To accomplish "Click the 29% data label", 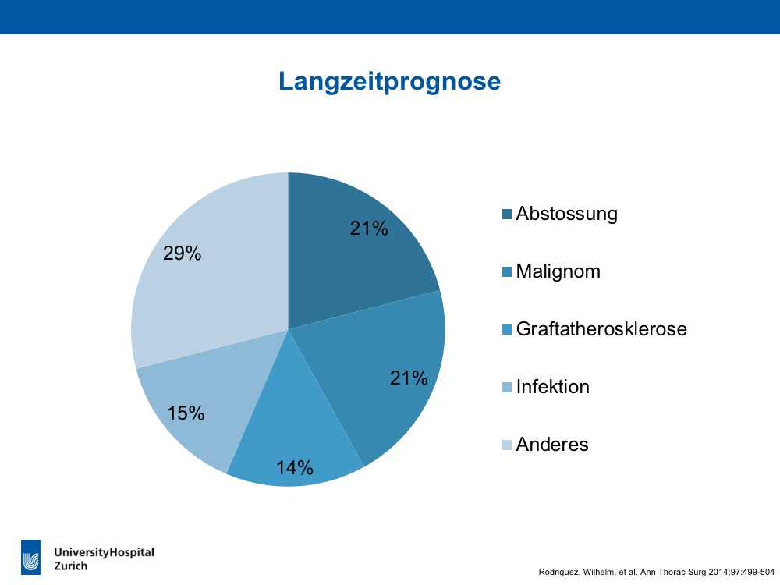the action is click(x=182, y=253).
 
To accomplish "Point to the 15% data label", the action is click(x=186, y=413).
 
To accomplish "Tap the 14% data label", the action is click(x=295, y=467).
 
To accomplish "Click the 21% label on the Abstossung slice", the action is click(x=369, y=229).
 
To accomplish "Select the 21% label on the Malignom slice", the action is click(x=409, y=378).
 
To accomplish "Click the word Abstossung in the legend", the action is click(x=566, y=214).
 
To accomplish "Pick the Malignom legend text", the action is click(x=558, y=271).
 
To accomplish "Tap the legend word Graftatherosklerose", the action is click(x=601, y=329).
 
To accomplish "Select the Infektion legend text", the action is click(x=553, y=387).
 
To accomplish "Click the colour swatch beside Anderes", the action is click(x=507, y=445).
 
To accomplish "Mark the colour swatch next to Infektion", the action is click(x=507, y=387).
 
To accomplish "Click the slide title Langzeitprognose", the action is click(x=389, y=81).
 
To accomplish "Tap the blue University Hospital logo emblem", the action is click(x=31, y=557).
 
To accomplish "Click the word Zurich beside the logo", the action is click(x=71, y=566).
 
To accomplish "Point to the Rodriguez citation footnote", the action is click(x=657, y=572).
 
